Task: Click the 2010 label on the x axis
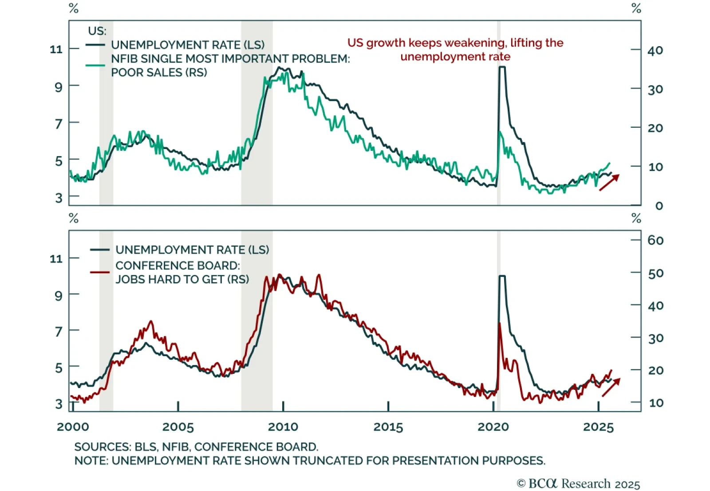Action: point(283,427)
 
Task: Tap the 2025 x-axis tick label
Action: point(598,427)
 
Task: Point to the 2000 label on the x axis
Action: point(73,427)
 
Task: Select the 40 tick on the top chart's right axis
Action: point(655,51)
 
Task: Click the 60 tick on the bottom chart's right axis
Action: point(655,240)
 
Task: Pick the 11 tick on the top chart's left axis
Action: point(56,49)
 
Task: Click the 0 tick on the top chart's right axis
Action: point(659,206)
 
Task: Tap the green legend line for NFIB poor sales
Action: point(95,65)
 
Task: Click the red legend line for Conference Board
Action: point(100,272)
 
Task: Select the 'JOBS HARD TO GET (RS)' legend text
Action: point(182,279)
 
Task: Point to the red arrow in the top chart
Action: point(609,183)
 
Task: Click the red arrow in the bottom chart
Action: point(611,388)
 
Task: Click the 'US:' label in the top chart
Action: point(97,31)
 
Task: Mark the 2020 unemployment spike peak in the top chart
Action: point(502,67)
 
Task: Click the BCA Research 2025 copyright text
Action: point(578,483)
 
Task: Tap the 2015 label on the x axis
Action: point(388,427)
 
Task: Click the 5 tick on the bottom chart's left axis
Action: point(59,368)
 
